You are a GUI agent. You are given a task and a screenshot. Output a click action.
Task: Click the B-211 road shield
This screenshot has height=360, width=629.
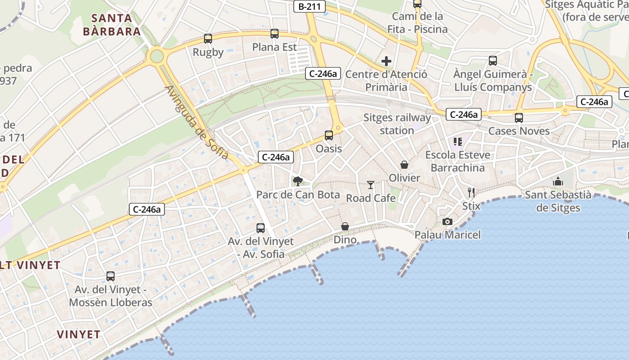point(309,6)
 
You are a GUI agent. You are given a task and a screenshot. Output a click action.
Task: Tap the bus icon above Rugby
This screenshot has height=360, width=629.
point(208,39)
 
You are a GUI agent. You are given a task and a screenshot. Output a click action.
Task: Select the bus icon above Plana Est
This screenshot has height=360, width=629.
point(274,34)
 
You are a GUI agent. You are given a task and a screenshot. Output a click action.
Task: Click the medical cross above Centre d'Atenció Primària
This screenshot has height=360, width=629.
point(386,61)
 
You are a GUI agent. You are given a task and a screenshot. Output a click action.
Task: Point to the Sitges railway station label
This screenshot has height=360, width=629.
point(397,124)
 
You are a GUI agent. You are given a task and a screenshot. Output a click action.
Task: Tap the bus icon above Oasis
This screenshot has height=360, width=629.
point(329,135)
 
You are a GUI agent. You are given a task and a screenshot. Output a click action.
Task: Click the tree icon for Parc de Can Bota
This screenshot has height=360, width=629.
point(297,181)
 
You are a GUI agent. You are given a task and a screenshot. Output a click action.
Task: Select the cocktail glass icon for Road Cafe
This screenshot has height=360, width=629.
point(370,185)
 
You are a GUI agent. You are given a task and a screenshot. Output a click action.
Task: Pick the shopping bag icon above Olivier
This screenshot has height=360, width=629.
point(404,165)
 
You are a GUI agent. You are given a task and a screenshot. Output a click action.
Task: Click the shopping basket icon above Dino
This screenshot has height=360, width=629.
point(345,226)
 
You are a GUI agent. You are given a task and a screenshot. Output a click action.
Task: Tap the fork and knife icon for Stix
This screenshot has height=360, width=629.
point(471,193)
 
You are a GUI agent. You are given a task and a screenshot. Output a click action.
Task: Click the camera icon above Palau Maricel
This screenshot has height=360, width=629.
point(447,221)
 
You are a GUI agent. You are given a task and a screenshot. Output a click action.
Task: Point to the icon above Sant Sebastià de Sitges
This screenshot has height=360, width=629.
point(558,181)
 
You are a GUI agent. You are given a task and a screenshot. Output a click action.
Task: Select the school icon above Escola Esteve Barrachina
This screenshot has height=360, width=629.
point(458,142)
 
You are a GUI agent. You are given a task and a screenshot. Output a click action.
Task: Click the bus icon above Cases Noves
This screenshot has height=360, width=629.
point(519,118)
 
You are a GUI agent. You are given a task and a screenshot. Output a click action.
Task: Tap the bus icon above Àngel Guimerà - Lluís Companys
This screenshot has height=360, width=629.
point(493,61)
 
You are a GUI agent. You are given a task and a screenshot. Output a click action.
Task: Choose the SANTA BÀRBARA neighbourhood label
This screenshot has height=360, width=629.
point(112,25)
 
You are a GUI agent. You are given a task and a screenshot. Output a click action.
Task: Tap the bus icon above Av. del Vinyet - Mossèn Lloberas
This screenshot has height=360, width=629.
point(111,276)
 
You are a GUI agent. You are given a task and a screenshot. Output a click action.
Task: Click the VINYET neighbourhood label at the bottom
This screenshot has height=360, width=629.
point(79,334)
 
